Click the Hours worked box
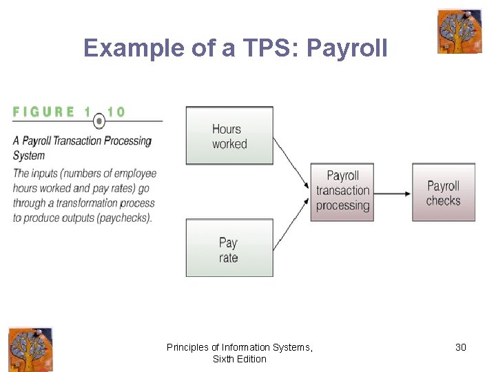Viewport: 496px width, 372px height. click(x=229, y=136)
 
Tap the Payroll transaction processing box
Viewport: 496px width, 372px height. click(x=342, y=192)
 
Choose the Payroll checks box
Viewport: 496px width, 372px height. click(x=444, y=192)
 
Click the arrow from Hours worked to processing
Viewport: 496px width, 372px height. click(x=291, y=163)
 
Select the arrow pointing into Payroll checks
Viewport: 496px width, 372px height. click(x=393, y=193)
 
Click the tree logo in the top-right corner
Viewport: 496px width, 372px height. click(x=459, y=32)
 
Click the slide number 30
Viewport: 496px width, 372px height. click(x=461, y=347)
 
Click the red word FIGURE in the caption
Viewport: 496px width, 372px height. click(x=44, y=112)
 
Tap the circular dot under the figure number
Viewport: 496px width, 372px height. click(x=100, y=122)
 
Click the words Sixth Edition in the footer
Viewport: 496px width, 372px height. click(x=240, y=359)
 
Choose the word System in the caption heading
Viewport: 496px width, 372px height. click(x=29, y=156)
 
